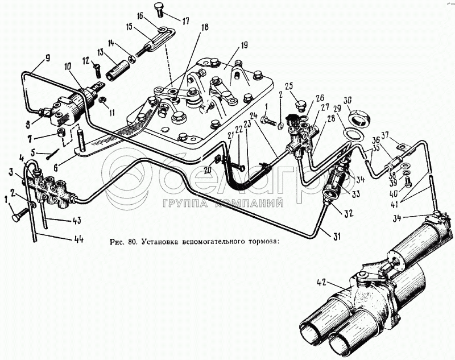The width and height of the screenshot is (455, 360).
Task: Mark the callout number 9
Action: click(48, 57)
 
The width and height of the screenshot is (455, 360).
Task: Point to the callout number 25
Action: click(289, 86)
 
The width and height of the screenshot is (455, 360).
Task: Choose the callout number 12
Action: click(85, 61)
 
